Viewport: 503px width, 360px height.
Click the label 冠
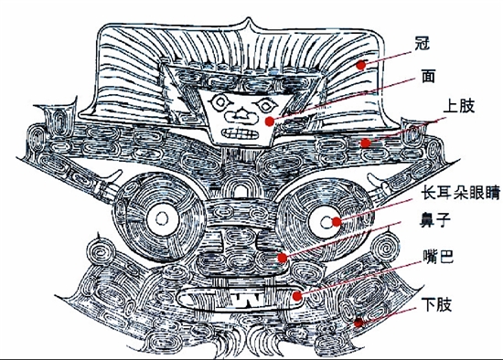pyautogui.click(x=422, y=43)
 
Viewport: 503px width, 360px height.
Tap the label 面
pyautogui.click(x=428, y=76)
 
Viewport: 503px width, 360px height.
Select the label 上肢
pyautogui.click(x=458, y=105)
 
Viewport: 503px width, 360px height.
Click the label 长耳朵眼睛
pyautogui.click(x=461, y=193)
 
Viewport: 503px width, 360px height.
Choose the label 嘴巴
pyautogui.click(x=438, y=256)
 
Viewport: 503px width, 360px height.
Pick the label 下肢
pyautogui.click(x=436, y=304)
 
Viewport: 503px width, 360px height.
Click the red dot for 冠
pyautogui.click(x=361, y=65)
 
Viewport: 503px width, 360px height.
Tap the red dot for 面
pyautogui.click(x=270, y=122)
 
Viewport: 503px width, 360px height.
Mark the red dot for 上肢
pyautogui.click(x=365, y=143)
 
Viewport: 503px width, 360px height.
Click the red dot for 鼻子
pyautogui.click(x=283, y=258)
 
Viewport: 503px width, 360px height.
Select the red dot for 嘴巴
pyautogui.click(x=297, y=296)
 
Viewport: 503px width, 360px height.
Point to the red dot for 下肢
pyautogui.click(x=359, y=323)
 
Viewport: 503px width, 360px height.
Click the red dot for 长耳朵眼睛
pyautogui.click(x=337, y=222)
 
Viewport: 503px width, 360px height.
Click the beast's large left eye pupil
pyautogui.click(x=162, y=219)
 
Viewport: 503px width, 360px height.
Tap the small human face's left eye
pyautogui.click(x=219, y=102)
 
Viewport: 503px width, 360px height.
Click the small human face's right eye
pyautogui.click(x=265, y=105)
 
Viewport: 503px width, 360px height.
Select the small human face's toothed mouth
pyautogui.click(x=240, y=133)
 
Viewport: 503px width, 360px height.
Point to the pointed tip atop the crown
pyautogui.click(x=248, y=18)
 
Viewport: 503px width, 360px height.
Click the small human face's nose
pyautogui.click(x=241, y=117)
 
